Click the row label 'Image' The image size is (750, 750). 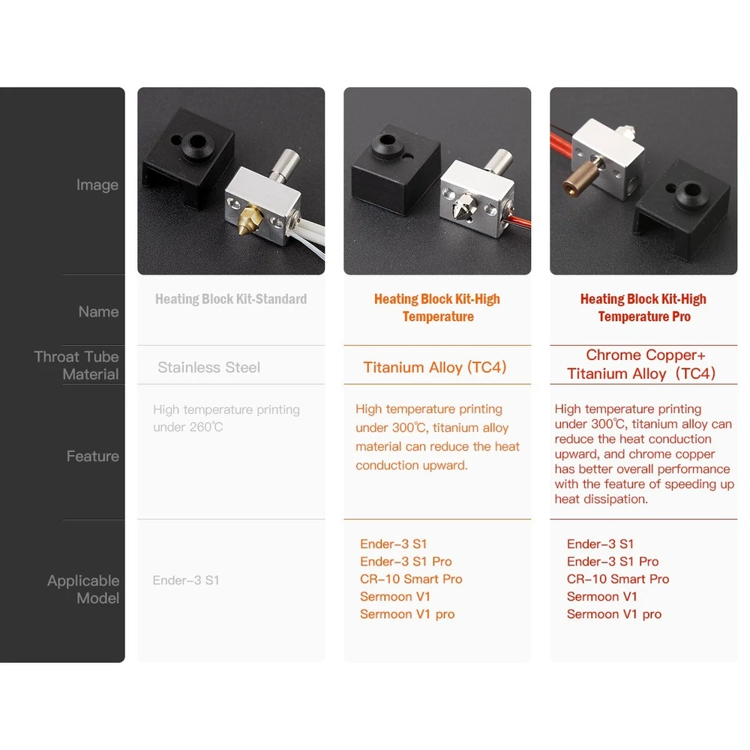[x=97, y=184]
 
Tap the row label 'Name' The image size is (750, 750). [x=98, y=311]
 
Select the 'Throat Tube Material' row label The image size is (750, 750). [x=76, y=365]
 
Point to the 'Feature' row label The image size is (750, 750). [x=93, y=456]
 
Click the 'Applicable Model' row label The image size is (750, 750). [x=83, y=589]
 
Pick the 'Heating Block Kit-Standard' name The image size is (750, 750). [x=231, y=299]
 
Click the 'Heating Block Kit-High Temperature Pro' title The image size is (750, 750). [x=643, y=307]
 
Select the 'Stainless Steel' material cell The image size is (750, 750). [x=209, y=367]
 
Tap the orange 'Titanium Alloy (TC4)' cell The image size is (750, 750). [x=435, y=367]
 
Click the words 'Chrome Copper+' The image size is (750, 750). [x=645, y=355]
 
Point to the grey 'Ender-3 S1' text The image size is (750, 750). [x=186, y=580]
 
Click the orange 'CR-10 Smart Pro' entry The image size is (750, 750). [x=411, y=579]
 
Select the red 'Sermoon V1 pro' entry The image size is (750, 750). [x=614, y=614]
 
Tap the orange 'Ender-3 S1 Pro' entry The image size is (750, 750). [x=406, y=561]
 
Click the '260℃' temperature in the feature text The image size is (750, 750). [x=206, y=427]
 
